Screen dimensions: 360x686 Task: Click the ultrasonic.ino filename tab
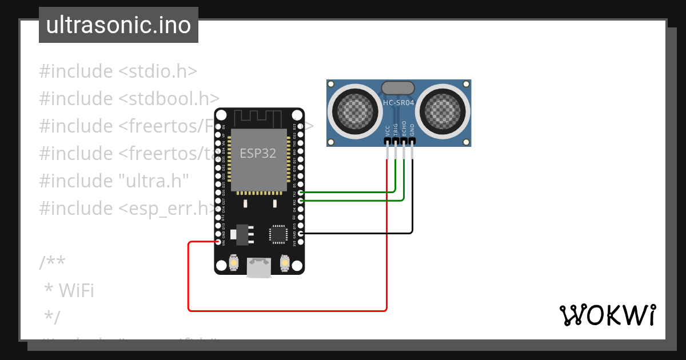pos(118,25)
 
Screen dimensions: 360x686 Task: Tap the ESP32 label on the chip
pos(257,154)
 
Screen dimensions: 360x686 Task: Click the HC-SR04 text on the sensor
pos(398,103)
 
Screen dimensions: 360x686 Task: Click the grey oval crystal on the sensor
pos(398,87)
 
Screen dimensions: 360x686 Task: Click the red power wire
pos(286,311)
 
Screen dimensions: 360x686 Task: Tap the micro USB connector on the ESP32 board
pos(259,267)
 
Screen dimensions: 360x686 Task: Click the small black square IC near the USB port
pos(278,234)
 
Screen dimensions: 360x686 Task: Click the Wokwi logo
pos(607,315)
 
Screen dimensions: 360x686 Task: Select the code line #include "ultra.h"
pos(114,181)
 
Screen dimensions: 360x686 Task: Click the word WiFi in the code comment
pos(76,290)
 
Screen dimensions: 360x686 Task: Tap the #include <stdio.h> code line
pos(118,71)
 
